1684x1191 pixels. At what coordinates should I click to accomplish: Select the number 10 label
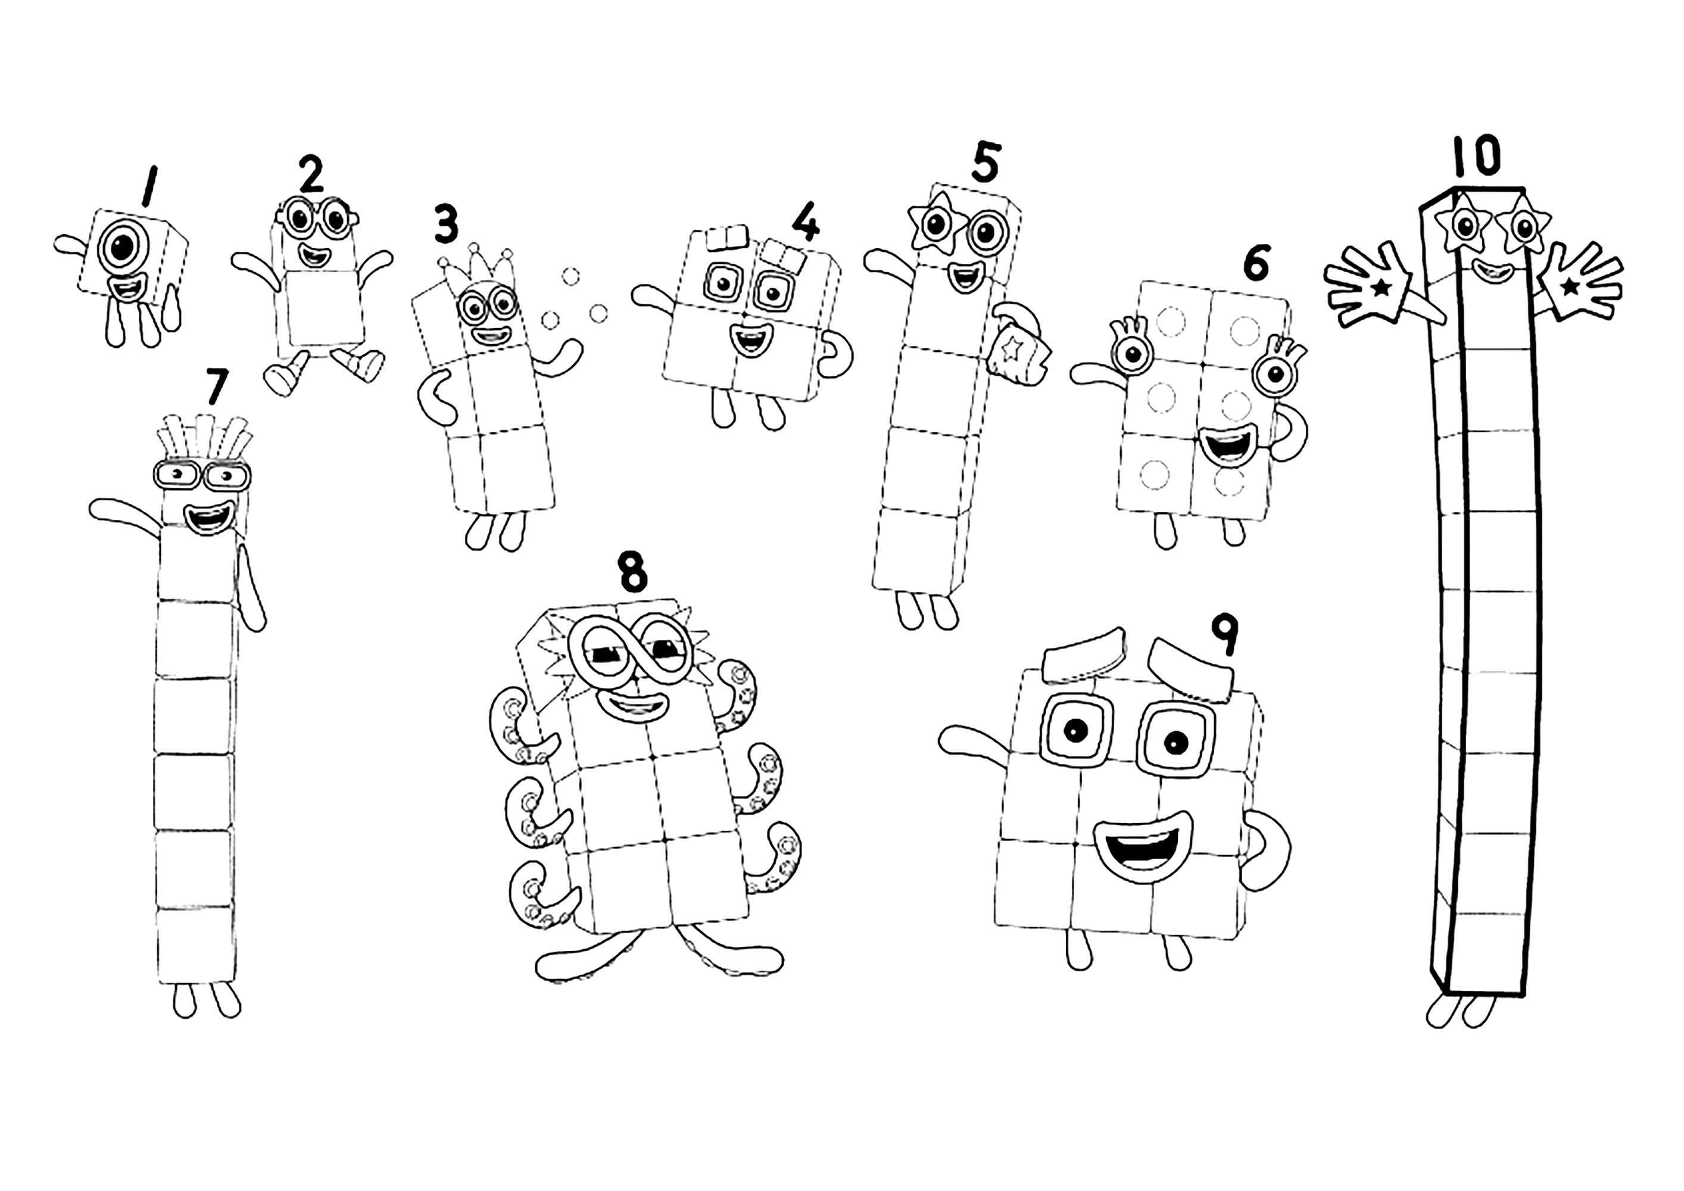click(1476, 157)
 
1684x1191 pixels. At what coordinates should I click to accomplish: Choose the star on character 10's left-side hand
click(1381, 288)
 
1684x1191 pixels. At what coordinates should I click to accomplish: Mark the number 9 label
click(1224, 636)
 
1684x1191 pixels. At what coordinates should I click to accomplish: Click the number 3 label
click(445, 225)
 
